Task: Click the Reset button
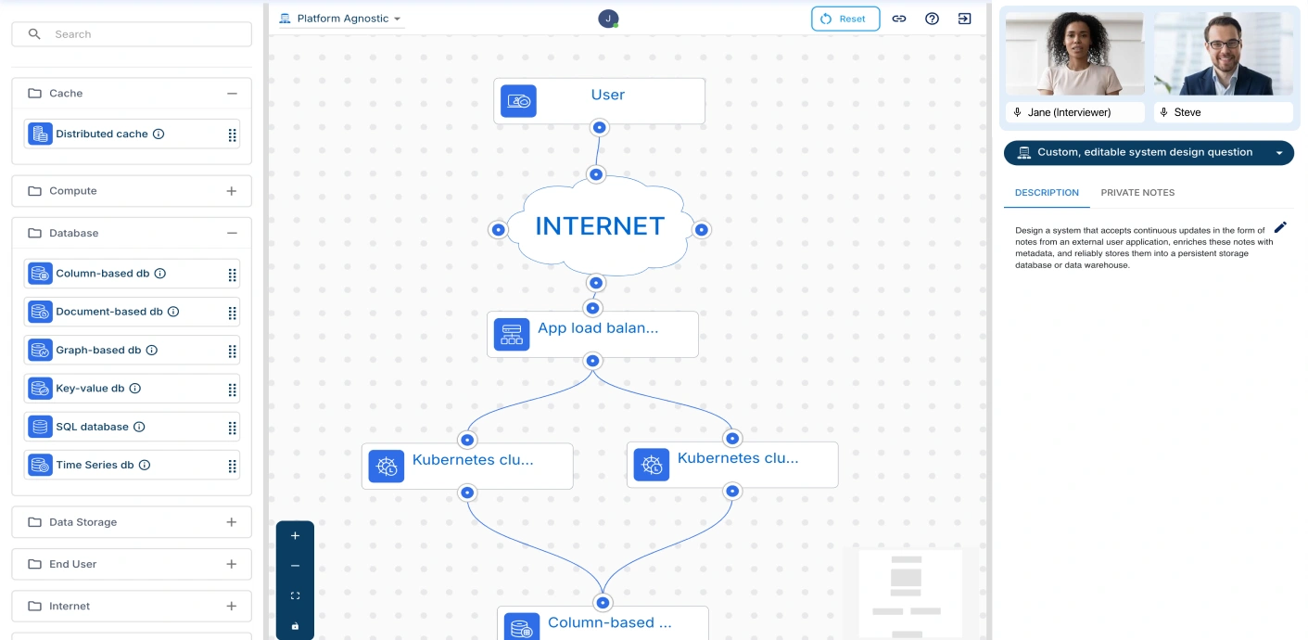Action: click(844, 19)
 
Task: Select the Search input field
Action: click(139, 34)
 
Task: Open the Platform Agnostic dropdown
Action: click(340, 19)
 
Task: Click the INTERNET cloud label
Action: click(600, 226)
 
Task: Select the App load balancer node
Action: click(592, 334)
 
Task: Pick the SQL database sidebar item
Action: click(92, 427)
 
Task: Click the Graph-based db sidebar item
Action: click(98, 351)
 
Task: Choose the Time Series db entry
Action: click(95, 465)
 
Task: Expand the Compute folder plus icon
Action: click(232, 191)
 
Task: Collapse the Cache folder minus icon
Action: click(232, 94)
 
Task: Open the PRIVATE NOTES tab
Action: click(1137, 193)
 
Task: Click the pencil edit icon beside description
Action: click(1280, 227)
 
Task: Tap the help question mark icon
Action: click(932, 19)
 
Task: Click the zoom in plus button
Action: click(295, 536)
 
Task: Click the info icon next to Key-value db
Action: click(135, 389)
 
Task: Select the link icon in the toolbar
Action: click(898, 19)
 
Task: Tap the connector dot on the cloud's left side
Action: click(498, 229)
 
